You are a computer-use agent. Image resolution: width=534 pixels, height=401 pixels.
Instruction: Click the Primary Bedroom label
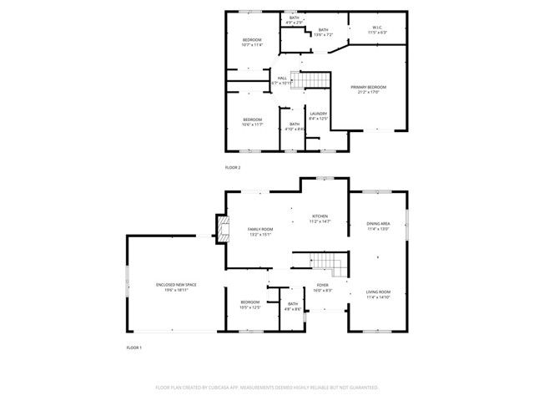coord(370,89)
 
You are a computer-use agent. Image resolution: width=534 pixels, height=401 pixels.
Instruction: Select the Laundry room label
coord(318,116)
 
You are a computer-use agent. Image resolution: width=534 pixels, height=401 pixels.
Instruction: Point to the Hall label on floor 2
coord(282,80)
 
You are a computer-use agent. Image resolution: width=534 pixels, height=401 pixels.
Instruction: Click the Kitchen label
coord(320,219)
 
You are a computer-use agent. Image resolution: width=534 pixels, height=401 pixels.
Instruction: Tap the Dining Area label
coord(378,226)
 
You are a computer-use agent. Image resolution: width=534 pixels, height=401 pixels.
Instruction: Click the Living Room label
coord(378,294)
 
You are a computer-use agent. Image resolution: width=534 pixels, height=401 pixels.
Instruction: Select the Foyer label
coord(322,288)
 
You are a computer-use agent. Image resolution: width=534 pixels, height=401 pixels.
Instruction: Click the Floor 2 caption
coord(233,168)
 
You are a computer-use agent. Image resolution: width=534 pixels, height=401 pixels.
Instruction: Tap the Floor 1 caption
coord(134,347)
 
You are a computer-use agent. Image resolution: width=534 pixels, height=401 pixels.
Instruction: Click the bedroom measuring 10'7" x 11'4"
coord(252,43)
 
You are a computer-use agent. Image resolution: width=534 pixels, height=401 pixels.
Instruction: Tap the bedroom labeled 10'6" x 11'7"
coord(252,122)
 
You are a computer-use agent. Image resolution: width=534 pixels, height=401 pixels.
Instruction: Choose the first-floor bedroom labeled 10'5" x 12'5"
coord(250,304)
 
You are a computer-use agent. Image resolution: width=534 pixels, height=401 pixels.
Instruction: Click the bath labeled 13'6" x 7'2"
coord(323,33)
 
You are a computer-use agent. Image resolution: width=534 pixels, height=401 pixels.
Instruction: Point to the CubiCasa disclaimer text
coord(267,388)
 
